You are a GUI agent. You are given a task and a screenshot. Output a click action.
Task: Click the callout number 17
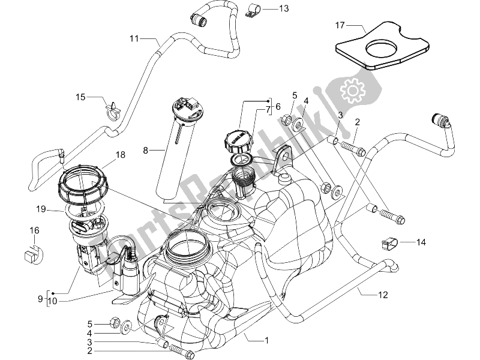(340, 25)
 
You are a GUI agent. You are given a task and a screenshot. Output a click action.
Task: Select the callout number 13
(283, 8)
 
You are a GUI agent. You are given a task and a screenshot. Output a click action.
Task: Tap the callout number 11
(134, 38)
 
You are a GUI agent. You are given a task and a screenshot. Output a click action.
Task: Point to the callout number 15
(80, 97)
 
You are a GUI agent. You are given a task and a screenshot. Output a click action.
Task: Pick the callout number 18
(120, 155)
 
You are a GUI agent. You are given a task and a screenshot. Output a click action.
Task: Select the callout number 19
(41, 210)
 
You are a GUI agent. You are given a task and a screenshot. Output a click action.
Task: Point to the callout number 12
(383, 295)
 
